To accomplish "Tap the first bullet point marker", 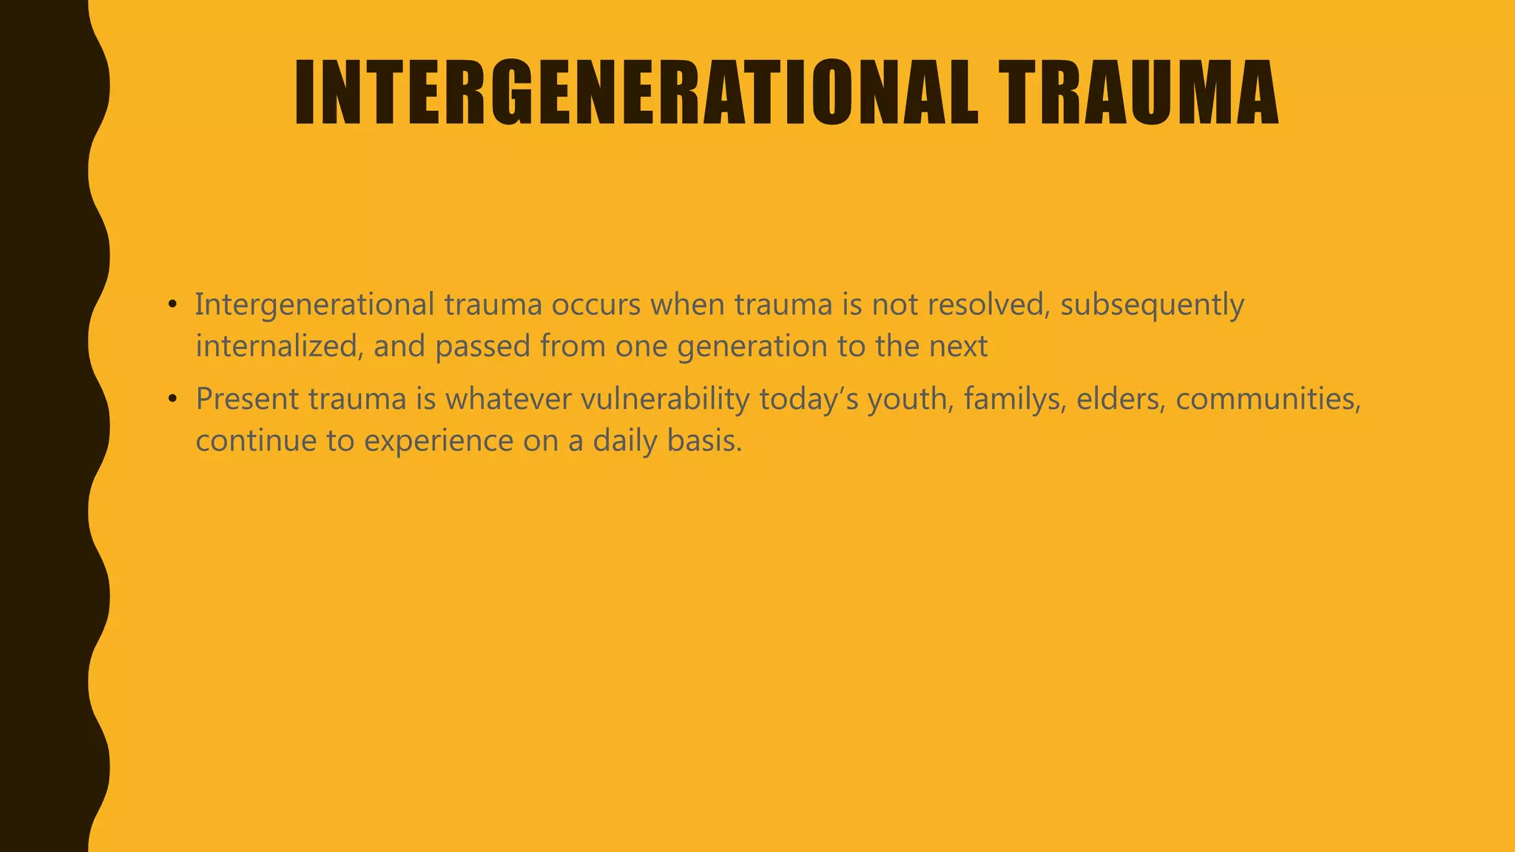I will tap(172, 304).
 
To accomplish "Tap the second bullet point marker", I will tap(172, 399).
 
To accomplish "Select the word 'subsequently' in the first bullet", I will tap(1152, 305).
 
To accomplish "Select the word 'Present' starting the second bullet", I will tap(247, 399).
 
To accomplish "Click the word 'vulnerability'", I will tap(665, 399).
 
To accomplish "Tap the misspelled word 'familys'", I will tap(1014, 399).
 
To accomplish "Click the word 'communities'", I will tap(1267, 399).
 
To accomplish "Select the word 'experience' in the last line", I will tap(439, 442).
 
